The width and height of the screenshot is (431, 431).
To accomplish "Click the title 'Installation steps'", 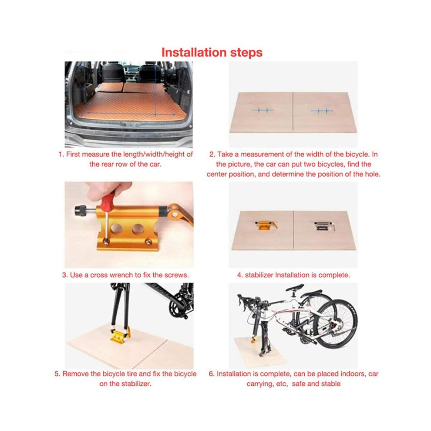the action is pyautogui.click(x=212, y=52).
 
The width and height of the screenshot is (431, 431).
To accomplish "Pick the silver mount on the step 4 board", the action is pyautogui.click(x=324, y=226).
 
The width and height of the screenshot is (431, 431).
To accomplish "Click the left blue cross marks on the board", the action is pyautogui.click(x=262, y=110).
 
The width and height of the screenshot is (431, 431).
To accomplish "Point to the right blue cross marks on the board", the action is pyautogui.click(x=322, y=111).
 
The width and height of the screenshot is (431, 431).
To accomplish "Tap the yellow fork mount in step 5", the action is pyautogui.click(x=120, y=337).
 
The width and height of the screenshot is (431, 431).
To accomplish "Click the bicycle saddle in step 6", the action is pyautogui.click(x=295, y=288).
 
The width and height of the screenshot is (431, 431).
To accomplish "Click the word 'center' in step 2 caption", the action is pyautogui.click(x=217, y=174).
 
